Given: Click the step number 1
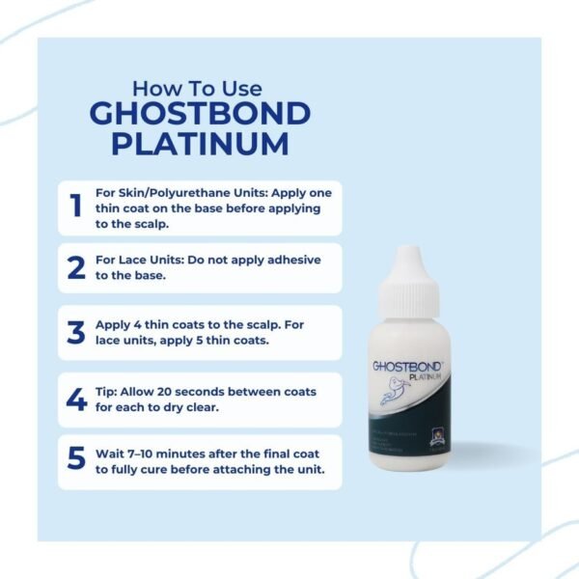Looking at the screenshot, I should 74,207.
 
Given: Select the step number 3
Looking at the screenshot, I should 76,332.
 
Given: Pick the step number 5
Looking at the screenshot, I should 76,457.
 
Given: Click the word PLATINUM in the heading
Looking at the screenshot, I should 200,144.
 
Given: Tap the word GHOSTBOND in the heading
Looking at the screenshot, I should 200,113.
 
